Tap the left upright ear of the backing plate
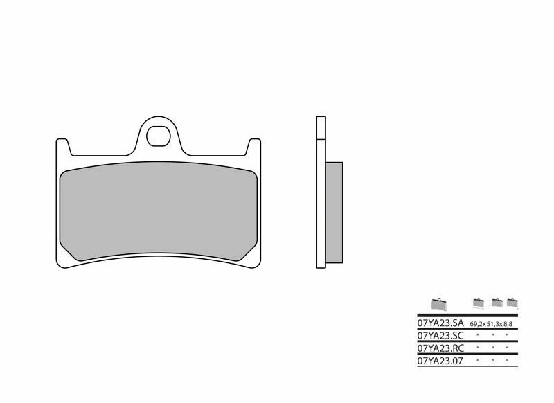62,148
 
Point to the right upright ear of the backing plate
255,148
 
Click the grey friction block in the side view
333,213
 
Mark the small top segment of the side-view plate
319,128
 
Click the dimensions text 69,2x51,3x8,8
492,324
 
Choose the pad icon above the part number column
438,303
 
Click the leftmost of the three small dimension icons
477,303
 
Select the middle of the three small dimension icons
496,303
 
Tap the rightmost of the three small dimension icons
512,303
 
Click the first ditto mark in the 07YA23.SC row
477,336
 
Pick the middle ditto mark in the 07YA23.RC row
494,348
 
